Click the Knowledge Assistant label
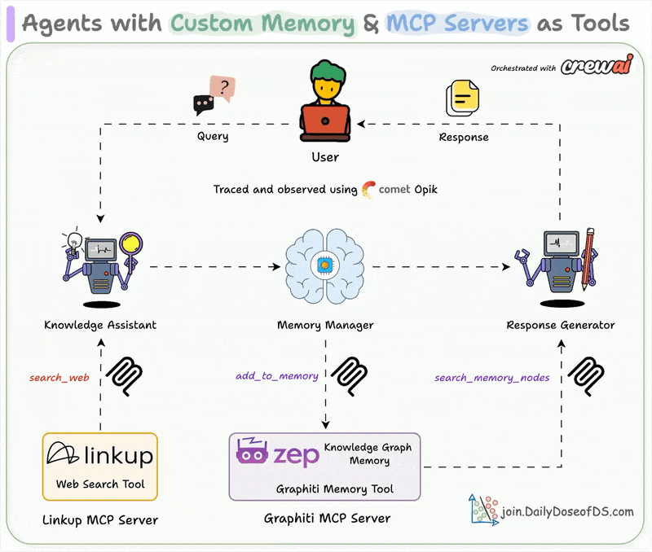pyautogui.click(x=100, y=325)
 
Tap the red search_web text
pyautogui.click(x=59, y=378)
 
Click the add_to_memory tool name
pyautogui.click(x=277, y=376)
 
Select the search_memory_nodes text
pyautogui.click(x=491, y=378)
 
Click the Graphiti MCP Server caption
pyautogui.click(x=327, y=518)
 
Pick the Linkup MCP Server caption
pyautogui.click(x=99, y=519)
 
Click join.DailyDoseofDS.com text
pyautogui.click(x=567, y=511)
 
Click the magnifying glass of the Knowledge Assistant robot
pyautogui.click(x=129, y=244)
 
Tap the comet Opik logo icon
pyautogui.click(x=368, y=189)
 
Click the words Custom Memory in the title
pyautogui.click(x=262, y=23)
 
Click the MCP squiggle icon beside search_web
pyautogui.click(x=126, y=375)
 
